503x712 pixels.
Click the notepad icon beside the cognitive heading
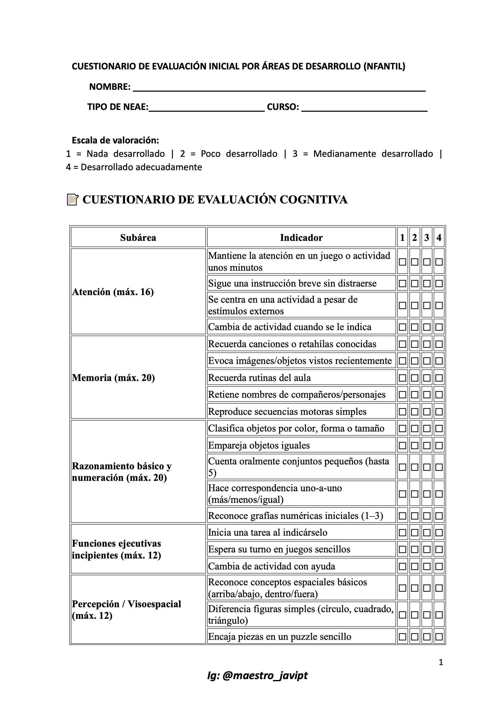(72, 199)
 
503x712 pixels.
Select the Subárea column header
(138, 238)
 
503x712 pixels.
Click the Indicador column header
(301, 238)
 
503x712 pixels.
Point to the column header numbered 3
(427, 238)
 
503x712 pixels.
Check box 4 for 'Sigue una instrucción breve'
(439, 284)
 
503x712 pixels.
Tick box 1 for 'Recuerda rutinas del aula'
(402, 378)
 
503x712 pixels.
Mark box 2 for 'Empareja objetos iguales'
(414, 445)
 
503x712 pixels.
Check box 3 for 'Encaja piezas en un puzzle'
(427, 637)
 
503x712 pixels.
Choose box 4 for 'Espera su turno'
(439, 549)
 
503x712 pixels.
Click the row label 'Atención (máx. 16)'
(113, 292)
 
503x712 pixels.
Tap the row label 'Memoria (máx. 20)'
(114, 378)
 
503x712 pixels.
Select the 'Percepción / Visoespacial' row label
(127, 609)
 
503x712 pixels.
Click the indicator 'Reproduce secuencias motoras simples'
(287, 411)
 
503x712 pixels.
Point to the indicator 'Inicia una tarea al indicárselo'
(268, 532)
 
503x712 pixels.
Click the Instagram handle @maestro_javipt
(257, 675)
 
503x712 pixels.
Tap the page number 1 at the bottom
(441, 663)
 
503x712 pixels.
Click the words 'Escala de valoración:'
(115, 140)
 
